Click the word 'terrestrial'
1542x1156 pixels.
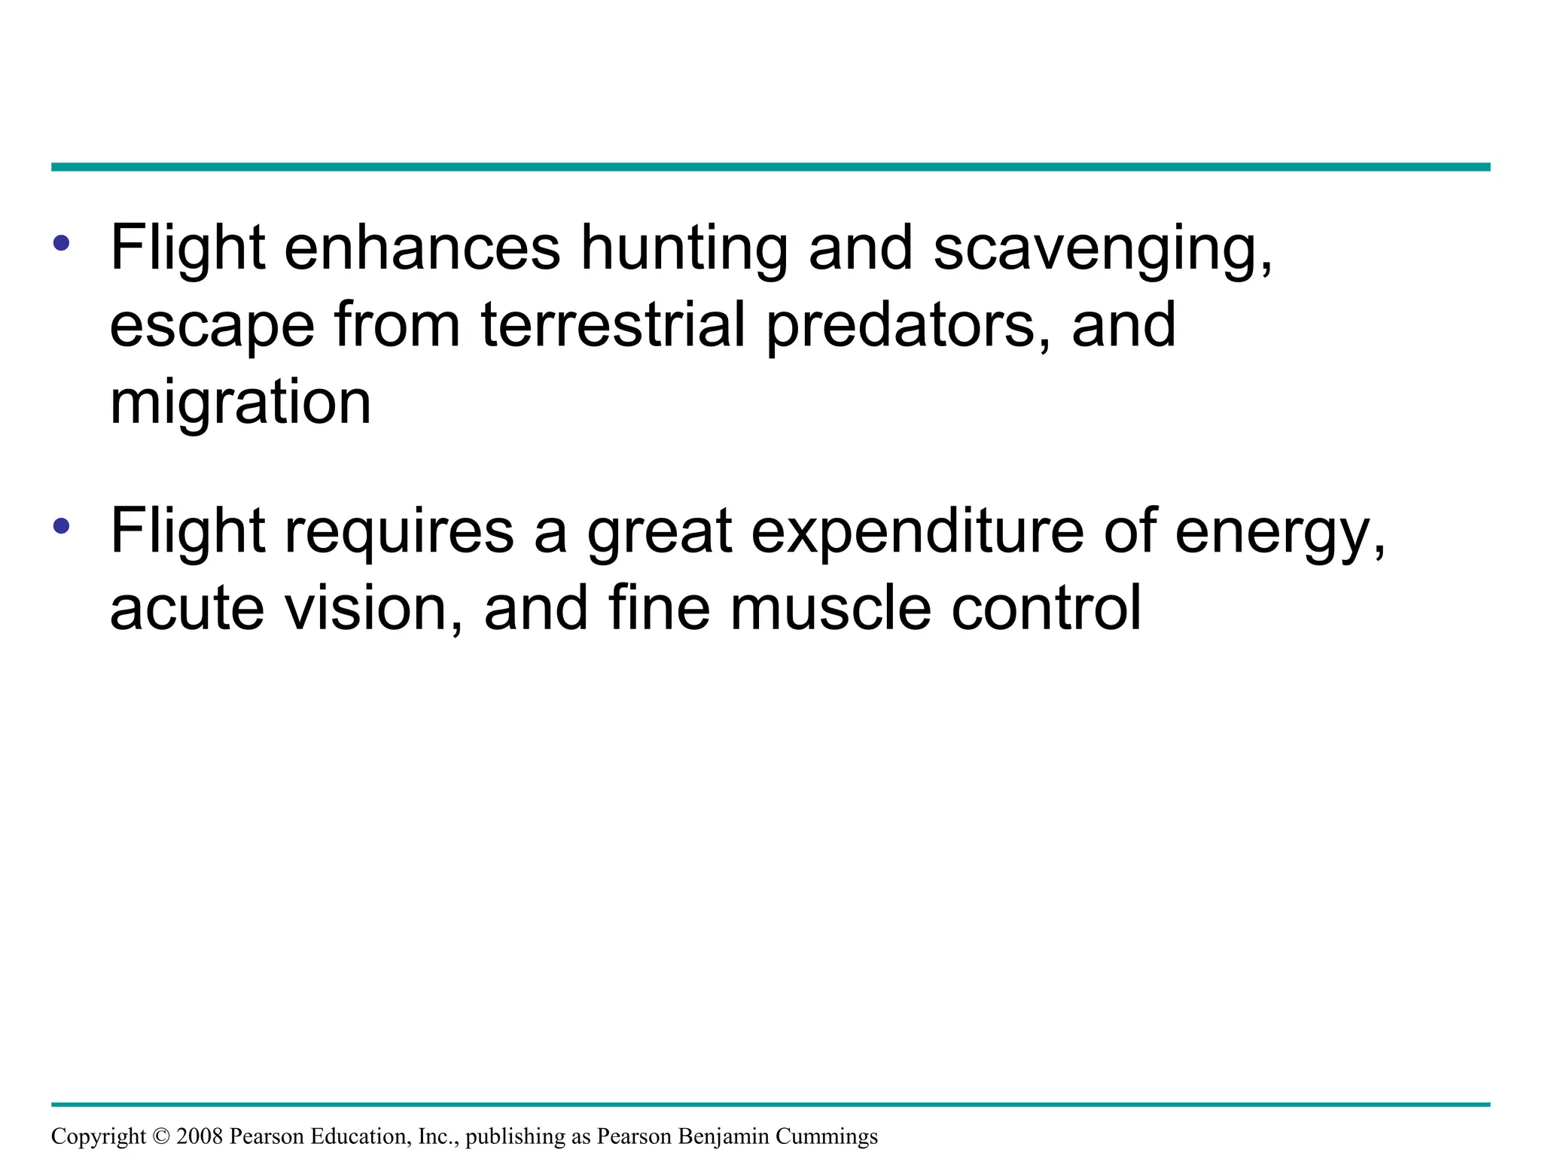click(613, 324)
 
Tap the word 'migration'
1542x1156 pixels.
click(240, 404)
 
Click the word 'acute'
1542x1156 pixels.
click(187, 608)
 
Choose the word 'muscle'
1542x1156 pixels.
click(830, 608)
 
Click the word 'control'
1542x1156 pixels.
click(1047, 608)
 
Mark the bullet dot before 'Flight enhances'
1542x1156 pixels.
click(62, 242)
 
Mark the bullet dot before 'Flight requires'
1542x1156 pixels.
click(62, 525)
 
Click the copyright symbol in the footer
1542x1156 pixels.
click(161, 1136)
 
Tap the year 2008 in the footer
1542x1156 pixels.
click(200, 1136)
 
